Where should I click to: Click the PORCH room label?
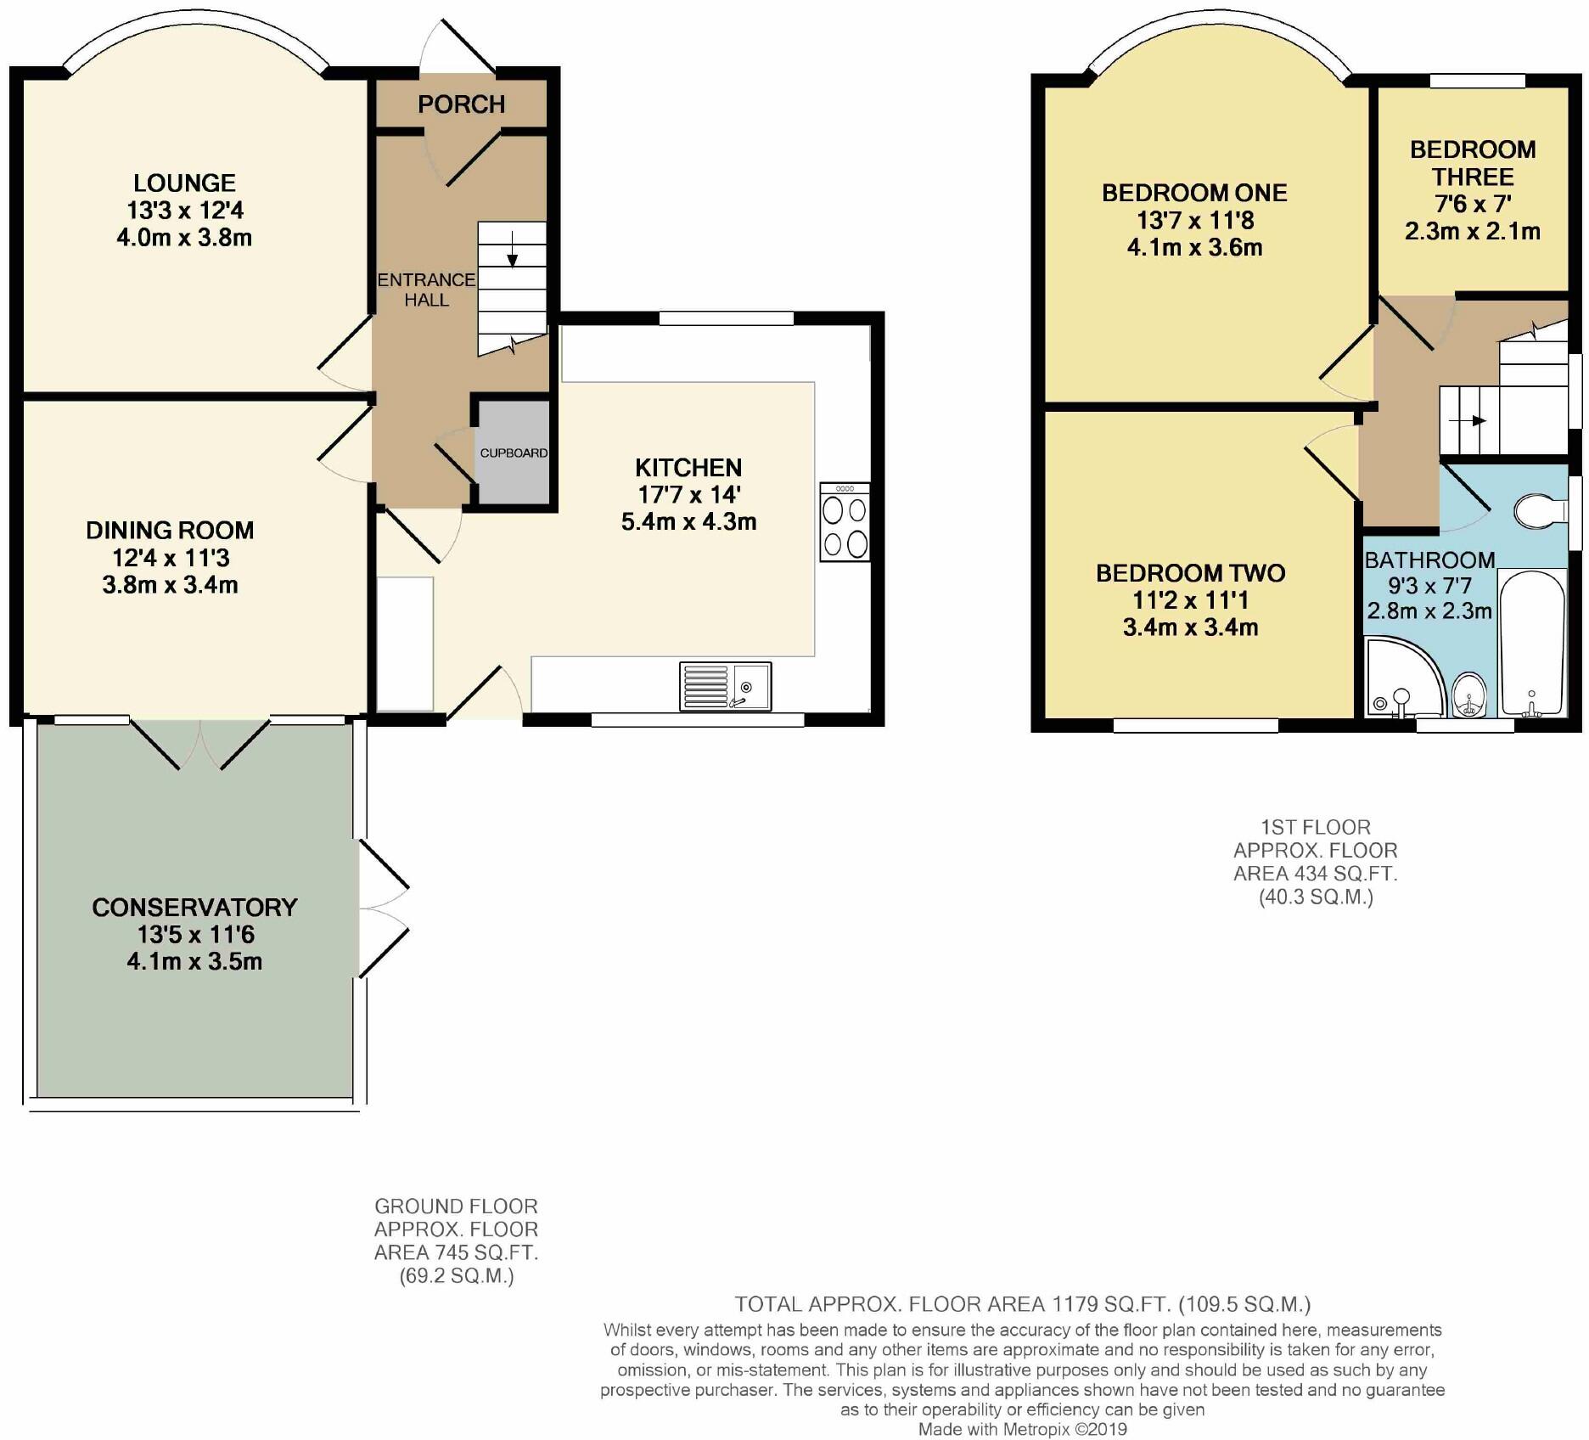[461, 104]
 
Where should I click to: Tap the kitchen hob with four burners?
[845, 522]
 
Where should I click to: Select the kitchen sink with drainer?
[725, 686]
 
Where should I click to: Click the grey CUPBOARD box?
[514, 453]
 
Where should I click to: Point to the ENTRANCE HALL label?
[426, 290]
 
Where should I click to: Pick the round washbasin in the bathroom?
[1469, 693]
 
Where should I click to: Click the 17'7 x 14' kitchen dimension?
[689, 494]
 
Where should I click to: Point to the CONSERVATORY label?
[194, 907]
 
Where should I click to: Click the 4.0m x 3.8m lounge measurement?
[184, 237]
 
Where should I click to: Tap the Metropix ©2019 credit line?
[1022, 1429]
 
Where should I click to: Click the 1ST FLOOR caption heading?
[1315, 826]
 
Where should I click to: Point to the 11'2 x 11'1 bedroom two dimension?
[1190, 600]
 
